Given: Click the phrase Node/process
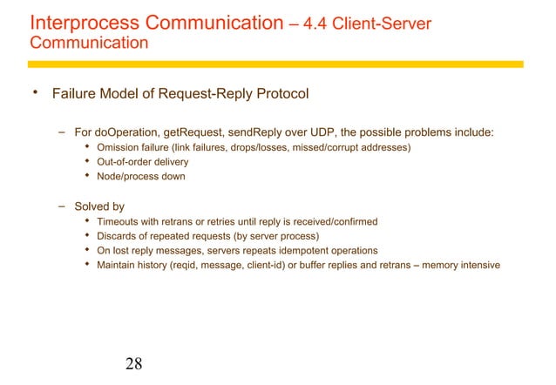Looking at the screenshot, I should point(129,177).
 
